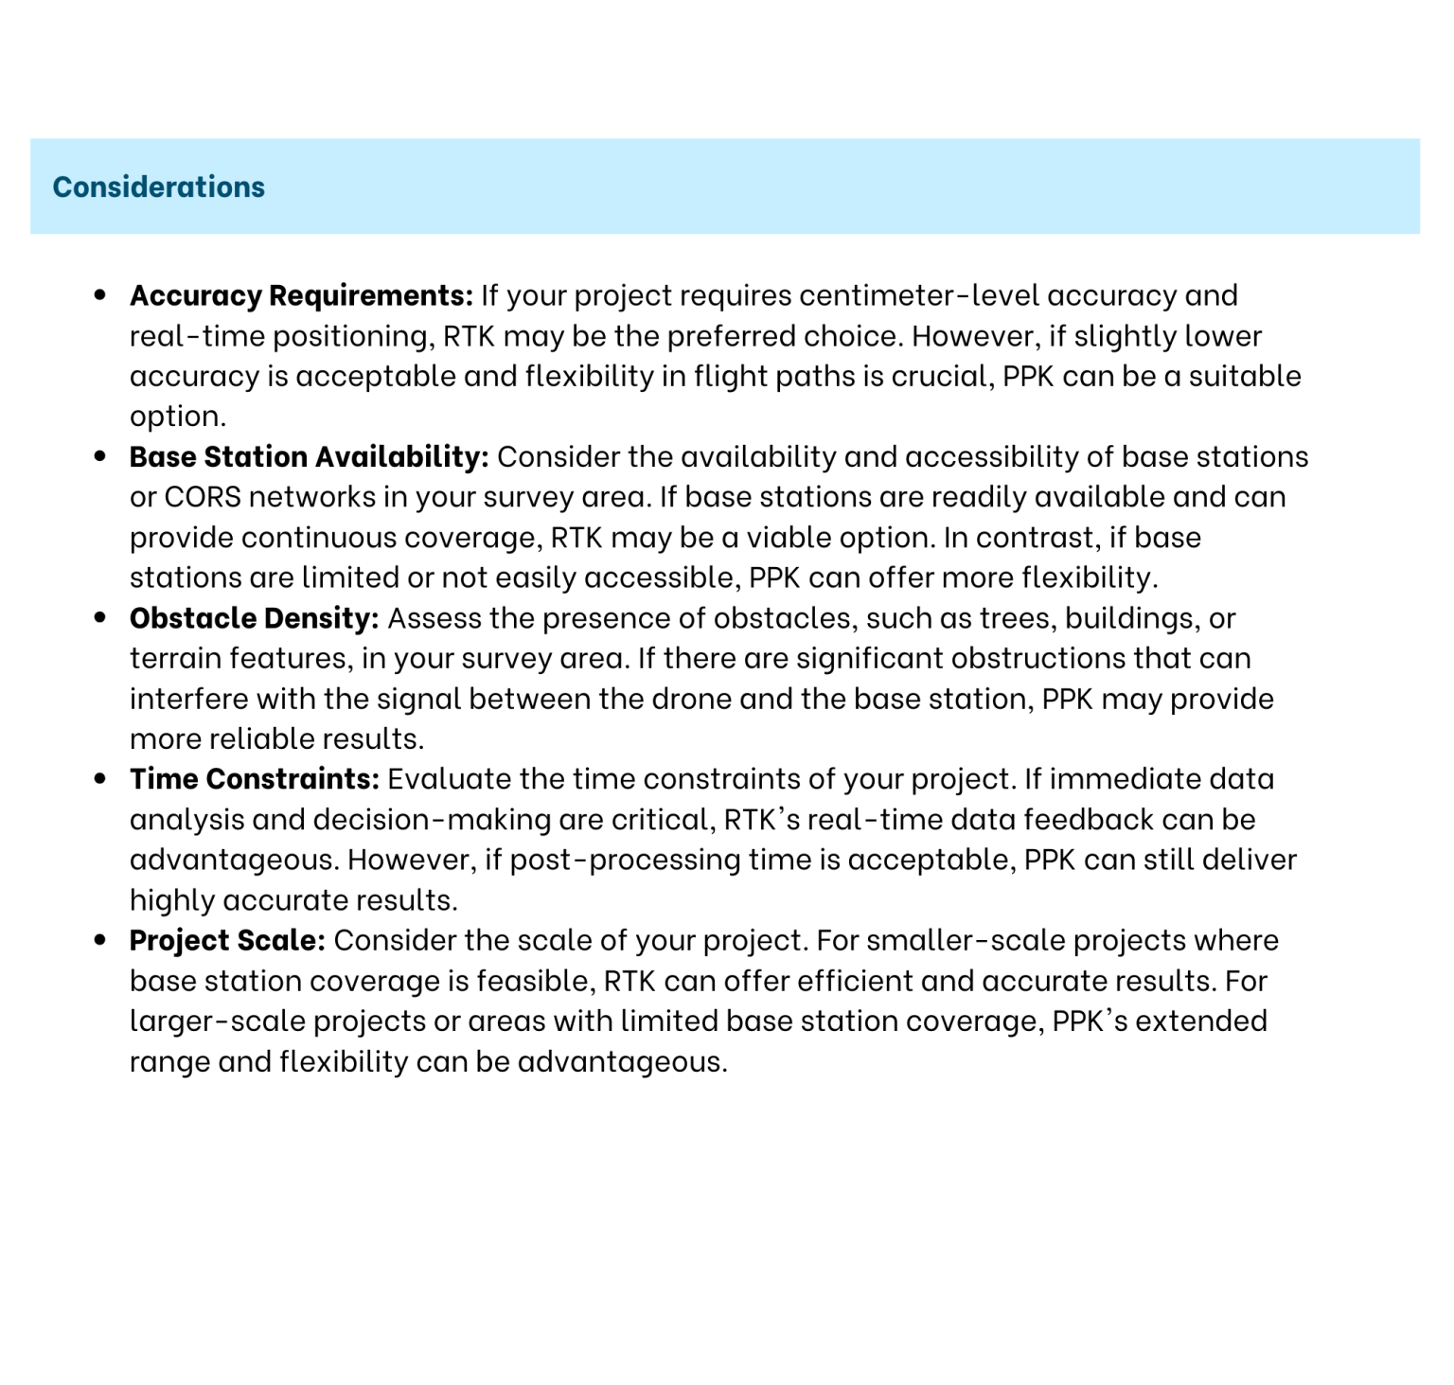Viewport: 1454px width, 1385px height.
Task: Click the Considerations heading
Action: (x=158, y=186)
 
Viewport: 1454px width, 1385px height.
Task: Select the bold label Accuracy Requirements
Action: (x=301, y=295)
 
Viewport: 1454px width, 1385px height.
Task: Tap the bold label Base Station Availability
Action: (x=309, y=457)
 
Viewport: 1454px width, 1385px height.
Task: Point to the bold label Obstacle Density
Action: (x=254, y=618)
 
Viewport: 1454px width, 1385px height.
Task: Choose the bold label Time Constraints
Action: (x=254, y=779)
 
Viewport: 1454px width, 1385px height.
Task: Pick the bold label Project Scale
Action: (x=227, y=941)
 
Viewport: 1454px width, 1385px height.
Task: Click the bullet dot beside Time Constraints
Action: (x=100, y=779)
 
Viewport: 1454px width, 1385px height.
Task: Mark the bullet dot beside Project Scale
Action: (x=100, y=941)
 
